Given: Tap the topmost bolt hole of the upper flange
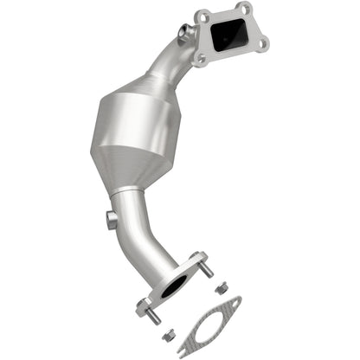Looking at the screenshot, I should point(243,10).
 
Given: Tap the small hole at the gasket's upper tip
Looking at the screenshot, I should point(232,304).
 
